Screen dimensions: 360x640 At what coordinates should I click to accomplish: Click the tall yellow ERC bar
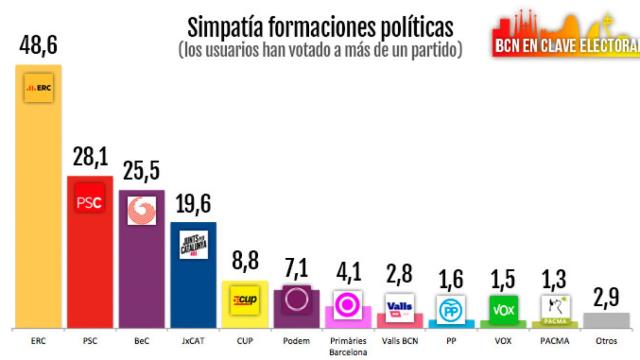38,200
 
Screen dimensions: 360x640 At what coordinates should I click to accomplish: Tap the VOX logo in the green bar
504,311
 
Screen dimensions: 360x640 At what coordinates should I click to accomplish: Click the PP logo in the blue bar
452,310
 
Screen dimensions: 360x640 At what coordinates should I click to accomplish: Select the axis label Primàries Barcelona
348,344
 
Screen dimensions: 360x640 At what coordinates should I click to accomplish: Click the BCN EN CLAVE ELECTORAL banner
566,45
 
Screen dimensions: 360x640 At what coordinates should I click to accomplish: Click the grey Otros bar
607,321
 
